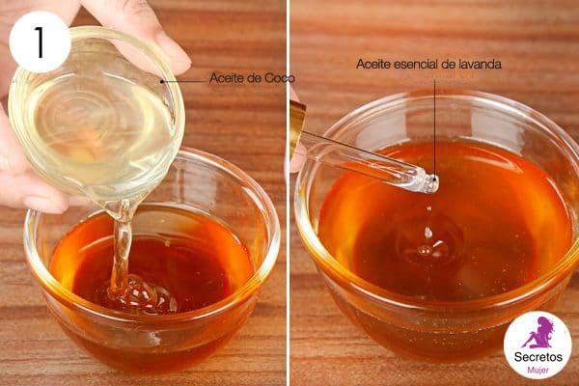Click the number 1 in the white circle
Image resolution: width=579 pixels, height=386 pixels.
click(40, 41)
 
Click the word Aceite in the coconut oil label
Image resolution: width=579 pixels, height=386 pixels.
click(225, 78)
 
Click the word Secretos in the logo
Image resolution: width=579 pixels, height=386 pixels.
click(538, 357)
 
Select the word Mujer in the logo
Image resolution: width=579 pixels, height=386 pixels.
click(538, 371)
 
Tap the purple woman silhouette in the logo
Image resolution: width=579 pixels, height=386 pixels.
click(539, 332)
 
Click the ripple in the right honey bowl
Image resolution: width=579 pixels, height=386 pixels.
click(428, 248)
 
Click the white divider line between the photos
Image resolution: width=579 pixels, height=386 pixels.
click(288, 193)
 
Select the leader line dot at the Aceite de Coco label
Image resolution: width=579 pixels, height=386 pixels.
click(162, 81)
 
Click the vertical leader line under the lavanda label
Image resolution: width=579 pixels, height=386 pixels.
click(435, 129)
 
